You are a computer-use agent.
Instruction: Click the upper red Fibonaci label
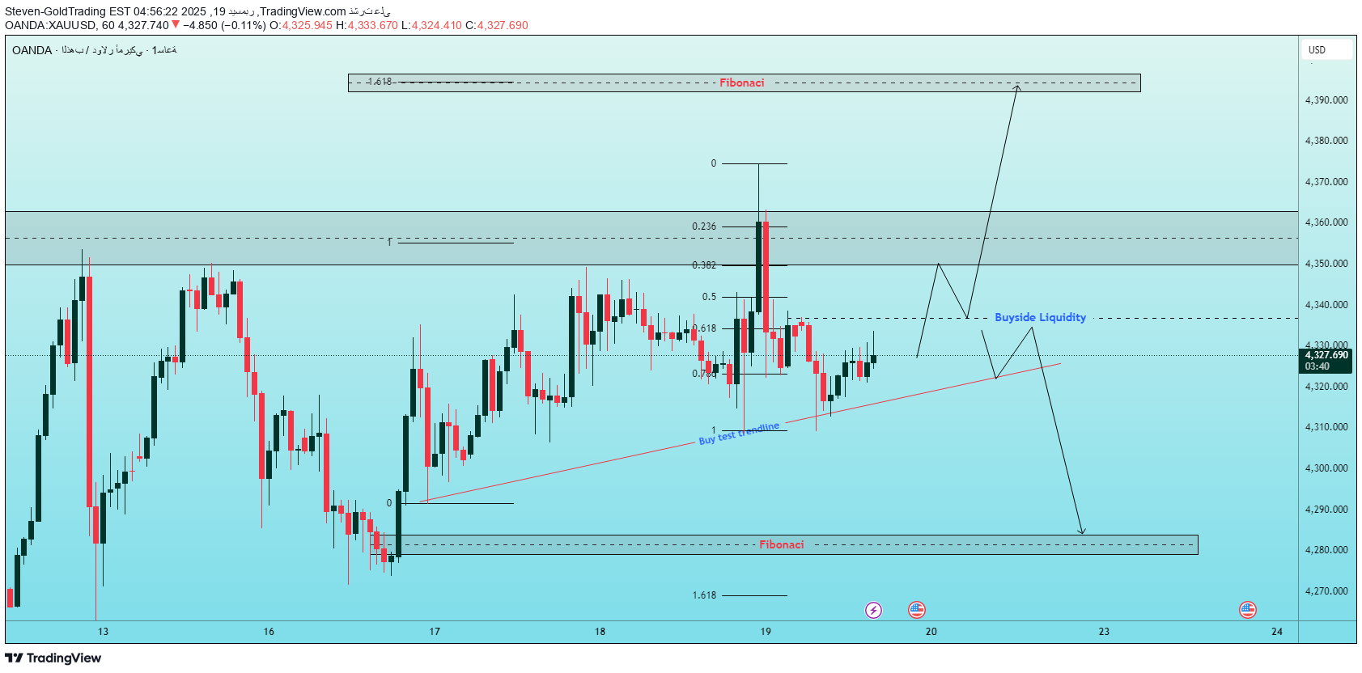[x=741, y=83]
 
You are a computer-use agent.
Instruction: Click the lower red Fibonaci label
[x=781, y=544]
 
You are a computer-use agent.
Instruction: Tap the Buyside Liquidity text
[x=1040, y=317]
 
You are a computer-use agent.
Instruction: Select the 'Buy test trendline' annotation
[x=739, y=434]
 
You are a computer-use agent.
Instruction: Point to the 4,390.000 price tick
[x=1326, y=100]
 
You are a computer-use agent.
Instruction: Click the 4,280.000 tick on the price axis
[x=1326, y=550]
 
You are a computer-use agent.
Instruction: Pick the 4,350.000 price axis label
[x=1326, y=264]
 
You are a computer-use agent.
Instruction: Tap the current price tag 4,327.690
[x=1326, y=355]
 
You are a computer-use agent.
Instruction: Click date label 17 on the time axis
[x=435, y=632]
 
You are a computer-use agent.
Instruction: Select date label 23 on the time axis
[x=1104, y=632]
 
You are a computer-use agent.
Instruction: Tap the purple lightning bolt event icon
[x=873, y=610]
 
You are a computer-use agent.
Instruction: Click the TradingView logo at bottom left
[x=53, y=658]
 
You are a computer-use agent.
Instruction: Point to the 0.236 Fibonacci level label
[x=704, y=226]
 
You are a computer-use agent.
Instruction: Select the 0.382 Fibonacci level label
[x=704, y=265]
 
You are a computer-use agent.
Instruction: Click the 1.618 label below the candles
[x=704, y=595]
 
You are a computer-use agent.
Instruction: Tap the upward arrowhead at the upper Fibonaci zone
[x=1018, y=87]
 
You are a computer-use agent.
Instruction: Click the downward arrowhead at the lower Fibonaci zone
[x=1081, y=531]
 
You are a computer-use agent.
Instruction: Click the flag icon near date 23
[x=1248, y=610]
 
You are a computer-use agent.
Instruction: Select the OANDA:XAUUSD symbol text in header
[x=50, y=25]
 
